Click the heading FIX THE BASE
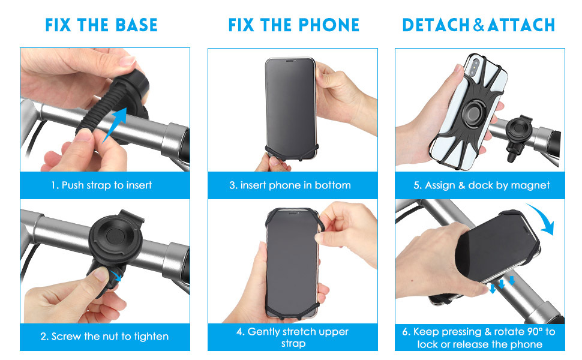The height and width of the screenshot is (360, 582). click(101, 25)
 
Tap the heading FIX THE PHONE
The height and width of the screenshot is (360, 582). click(293, 25)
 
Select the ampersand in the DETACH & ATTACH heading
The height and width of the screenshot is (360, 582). click(478, 25)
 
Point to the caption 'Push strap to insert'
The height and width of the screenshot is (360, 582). click(107, 185)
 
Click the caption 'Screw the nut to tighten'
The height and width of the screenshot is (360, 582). click(110, 336)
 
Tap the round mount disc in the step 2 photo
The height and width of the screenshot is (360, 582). click(115, 235)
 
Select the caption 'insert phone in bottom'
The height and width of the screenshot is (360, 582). click(295, 185)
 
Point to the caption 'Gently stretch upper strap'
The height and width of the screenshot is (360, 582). click(293, 337)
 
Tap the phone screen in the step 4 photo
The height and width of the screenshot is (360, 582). click(292, 263)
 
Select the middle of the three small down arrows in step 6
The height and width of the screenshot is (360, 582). click(502, 284)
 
